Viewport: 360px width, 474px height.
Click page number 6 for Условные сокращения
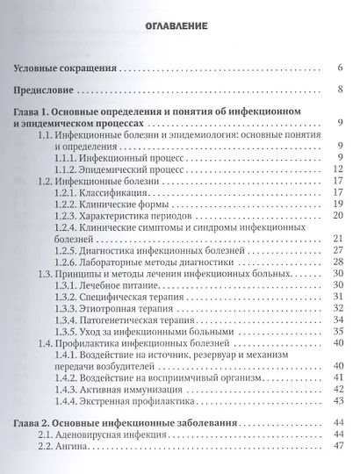pos(339,68)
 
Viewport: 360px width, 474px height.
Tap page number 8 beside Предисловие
pos(339,90)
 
